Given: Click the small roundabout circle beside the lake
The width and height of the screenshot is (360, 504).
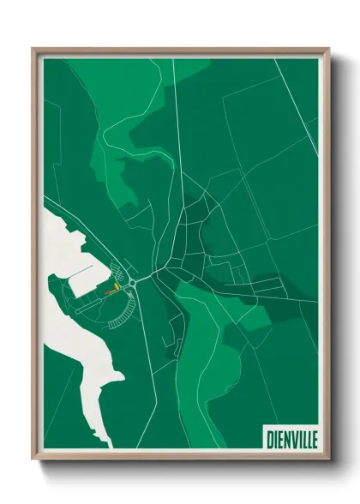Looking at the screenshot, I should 134,282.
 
